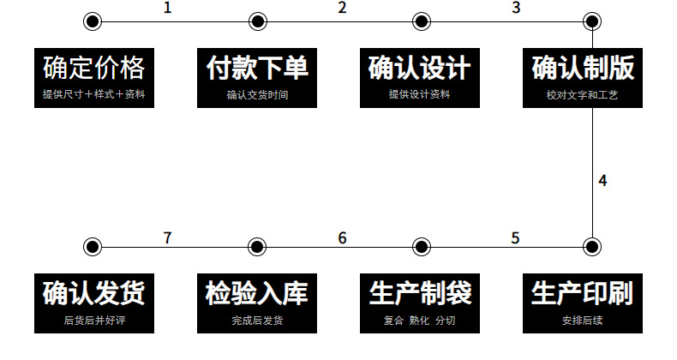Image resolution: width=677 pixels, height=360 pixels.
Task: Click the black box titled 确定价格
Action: [x=93, y=76]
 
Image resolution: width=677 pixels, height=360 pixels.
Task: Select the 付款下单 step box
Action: [x=256, y=76]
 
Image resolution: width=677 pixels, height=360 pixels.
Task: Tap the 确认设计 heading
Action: [x=419, y=67]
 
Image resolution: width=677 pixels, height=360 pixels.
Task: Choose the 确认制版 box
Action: [x=582, y=76]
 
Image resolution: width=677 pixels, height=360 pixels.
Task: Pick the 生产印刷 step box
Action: [x=582, y=303]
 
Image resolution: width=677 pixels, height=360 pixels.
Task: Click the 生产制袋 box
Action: [x=419, y=303]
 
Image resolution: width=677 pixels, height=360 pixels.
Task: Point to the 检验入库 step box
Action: [x=256, y=303]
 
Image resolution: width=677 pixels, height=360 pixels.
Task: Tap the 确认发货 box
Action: [x=93, y=303]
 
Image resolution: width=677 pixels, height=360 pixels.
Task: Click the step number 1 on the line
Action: [x=167, y=9]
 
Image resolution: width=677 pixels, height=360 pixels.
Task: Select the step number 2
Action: [x=342, y=9]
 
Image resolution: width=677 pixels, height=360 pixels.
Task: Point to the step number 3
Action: [x=516, y=9]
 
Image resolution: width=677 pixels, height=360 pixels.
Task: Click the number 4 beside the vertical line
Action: [x=603, y=181]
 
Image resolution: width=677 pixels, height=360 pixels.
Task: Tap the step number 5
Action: [x=515, y=237]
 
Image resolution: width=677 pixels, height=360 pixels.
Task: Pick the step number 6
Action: [x=342, y=237]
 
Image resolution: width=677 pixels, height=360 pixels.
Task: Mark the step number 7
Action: [x=167, y=237]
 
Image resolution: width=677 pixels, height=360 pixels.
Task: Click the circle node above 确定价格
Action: [x=93, y=21]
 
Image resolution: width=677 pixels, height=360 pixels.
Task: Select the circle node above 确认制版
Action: [x=590, y=21]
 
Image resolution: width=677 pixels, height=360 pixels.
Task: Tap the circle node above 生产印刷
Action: [x=590, y=248]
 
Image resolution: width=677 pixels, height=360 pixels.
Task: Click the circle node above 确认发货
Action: [x=93, y=248]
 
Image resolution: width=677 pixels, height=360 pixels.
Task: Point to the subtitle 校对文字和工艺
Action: [x=582, y=95]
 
